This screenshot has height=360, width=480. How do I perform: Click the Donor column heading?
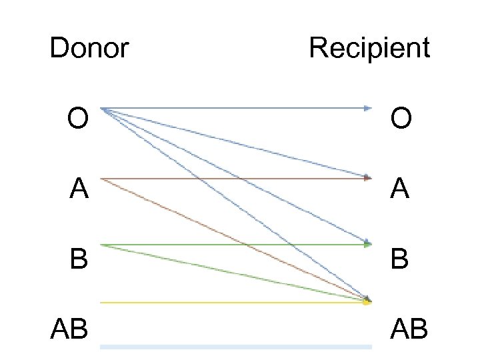click(x=89, y=48)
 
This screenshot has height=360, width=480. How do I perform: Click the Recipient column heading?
click(x=369, y=48)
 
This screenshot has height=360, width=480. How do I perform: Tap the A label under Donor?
click(x=79, y=189)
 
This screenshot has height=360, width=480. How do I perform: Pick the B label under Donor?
click(x=79, y=259)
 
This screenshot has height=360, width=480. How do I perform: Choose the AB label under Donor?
click(x=69, y=328)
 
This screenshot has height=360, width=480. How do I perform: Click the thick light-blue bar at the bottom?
click(x=235, y=347)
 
